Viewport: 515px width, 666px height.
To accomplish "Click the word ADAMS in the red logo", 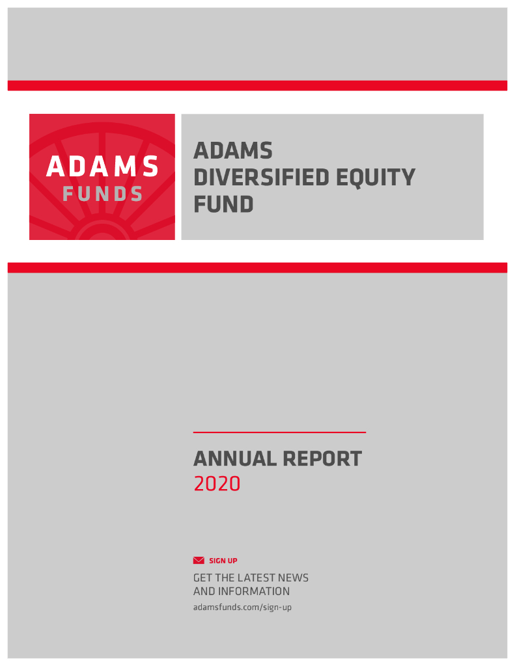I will click(x=102, y=167).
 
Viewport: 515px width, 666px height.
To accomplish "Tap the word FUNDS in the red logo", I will click(x=102, y=194).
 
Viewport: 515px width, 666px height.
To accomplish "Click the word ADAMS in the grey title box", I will click(x=233, y=151).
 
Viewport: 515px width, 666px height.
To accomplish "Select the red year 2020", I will click(x=217, y=484).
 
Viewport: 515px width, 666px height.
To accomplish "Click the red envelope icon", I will click(x=199, y=561).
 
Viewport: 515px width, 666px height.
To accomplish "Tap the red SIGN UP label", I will click(x=223, y=561).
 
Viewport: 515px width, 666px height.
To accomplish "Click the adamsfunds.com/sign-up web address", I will click(x=242, y=607).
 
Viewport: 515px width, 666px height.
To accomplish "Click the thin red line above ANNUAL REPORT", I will click(x=279, y=432).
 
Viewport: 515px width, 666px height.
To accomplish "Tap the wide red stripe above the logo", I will click(x=257, y=85).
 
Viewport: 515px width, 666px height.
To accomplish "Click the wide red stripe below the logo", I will click(x=257, y=267).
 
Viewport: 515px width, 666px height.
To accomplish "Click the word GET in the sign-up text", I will click(x=203, y=578).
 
